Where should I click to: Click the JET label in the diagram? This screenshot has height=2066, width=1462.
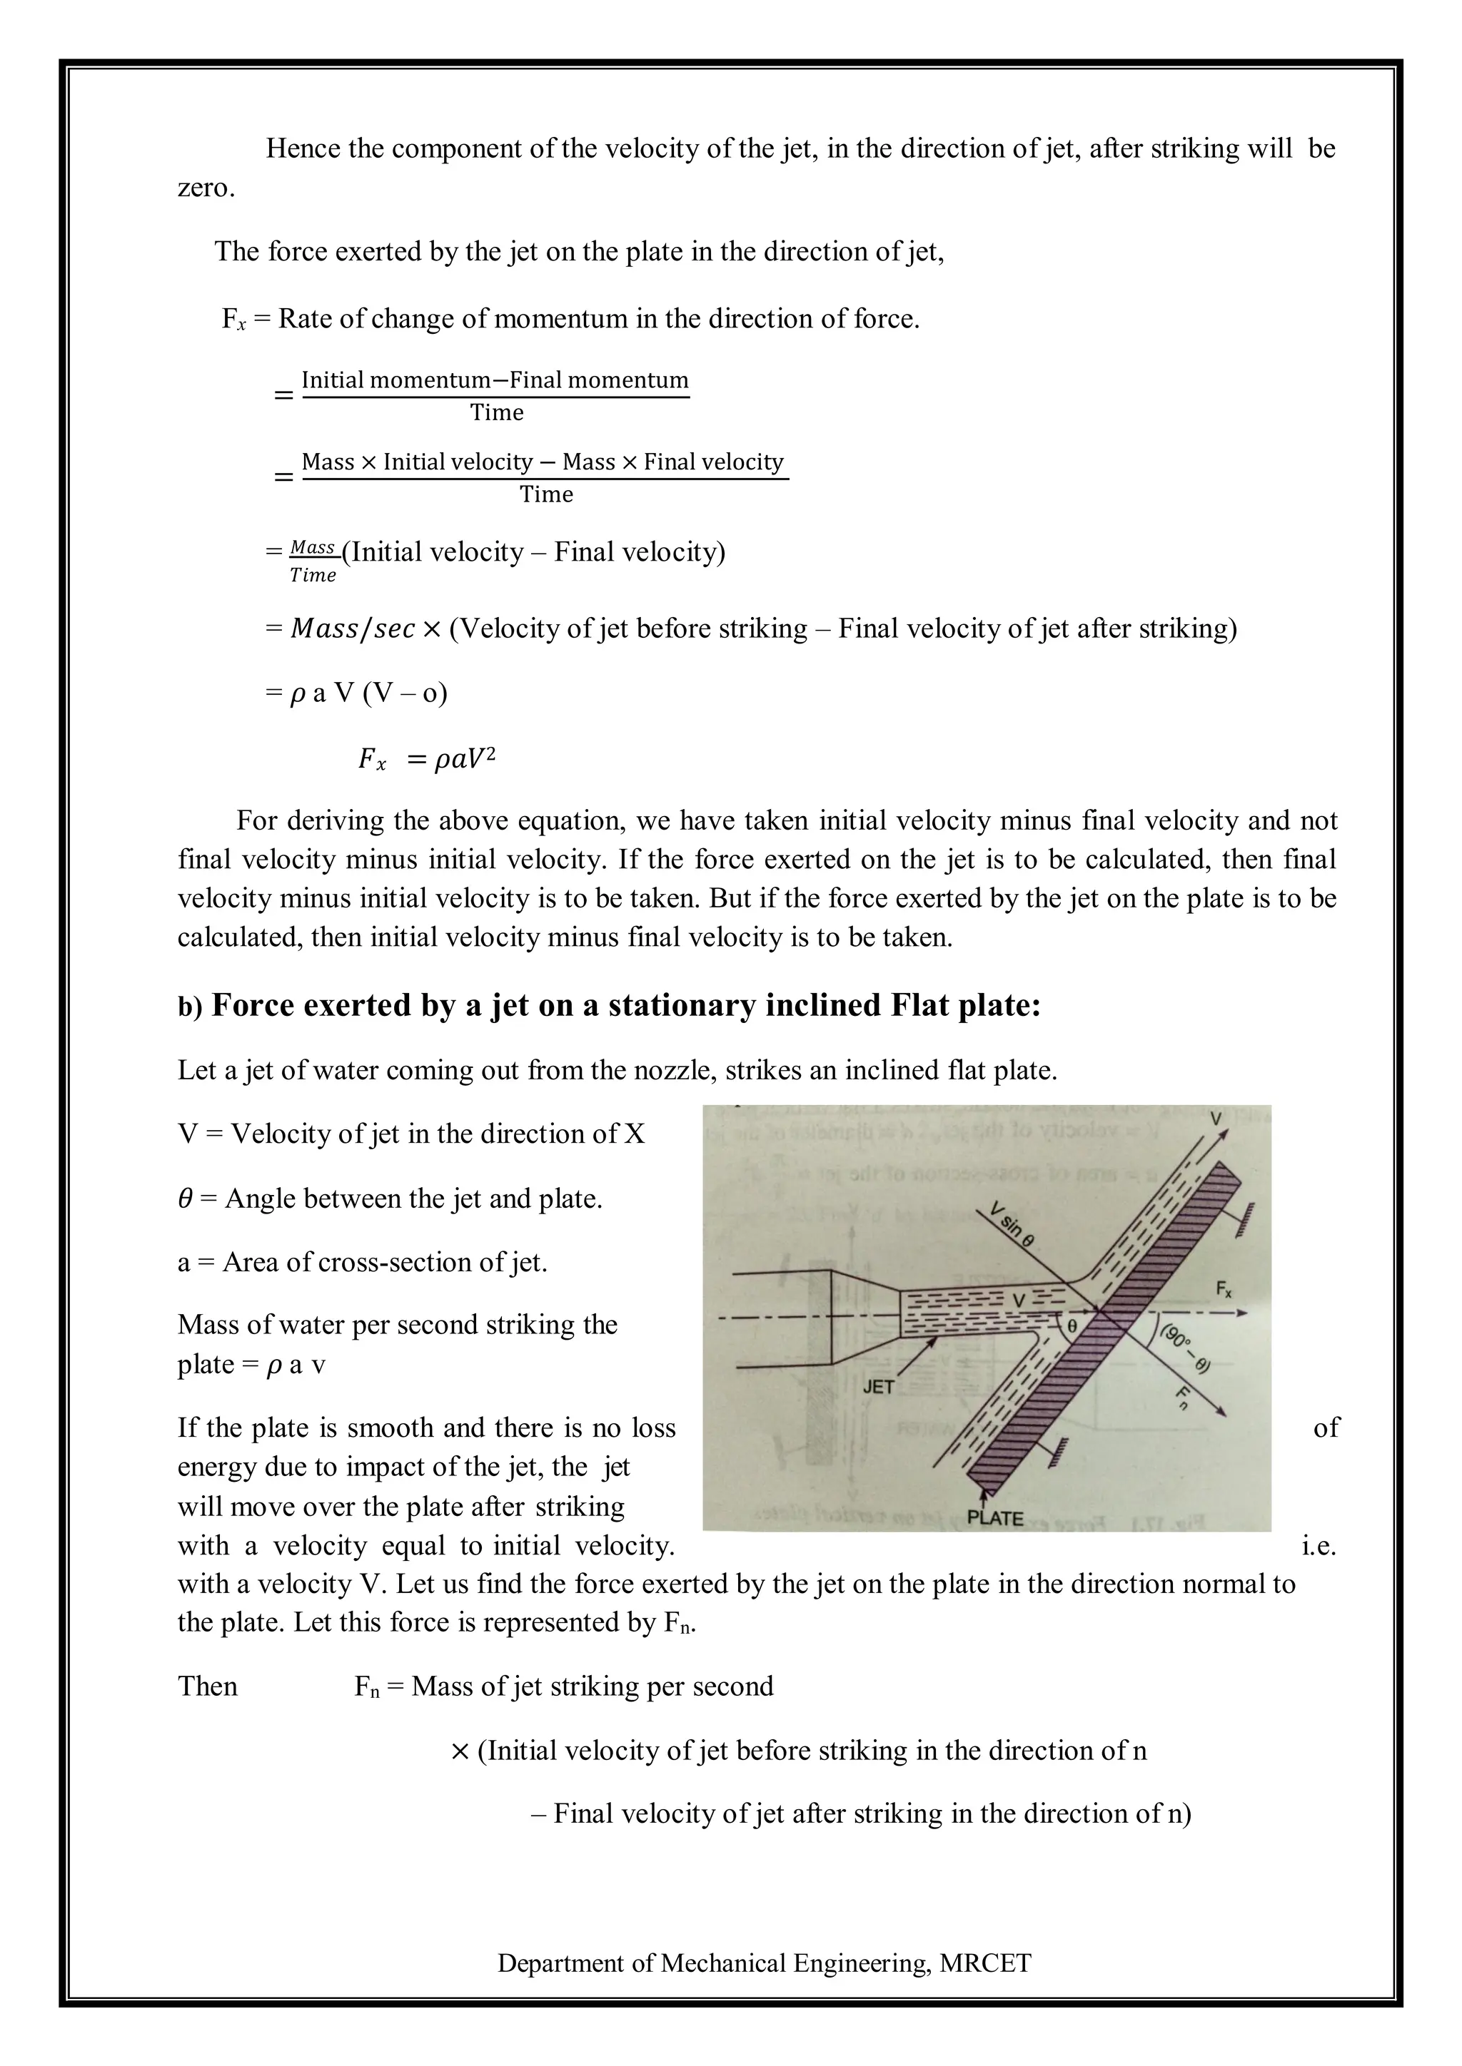pos(878,1387)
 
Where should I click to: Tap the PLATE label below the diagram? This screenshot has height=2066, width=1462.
pos(994,1518)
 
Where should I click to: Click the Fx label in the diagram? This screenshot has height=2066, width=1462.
pos(1224,1289)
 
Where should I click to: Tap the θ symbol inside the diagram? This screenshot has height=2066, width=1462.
pos(1072,1325)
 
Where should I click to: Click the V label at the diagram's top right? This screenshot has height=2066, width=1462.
pos(1215,1120)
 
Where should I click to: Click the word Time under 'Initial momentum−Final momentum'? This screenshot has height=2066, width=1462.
pos(496,413)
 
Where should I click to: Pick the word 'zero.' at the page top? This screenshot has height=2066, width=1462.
pos(206,188)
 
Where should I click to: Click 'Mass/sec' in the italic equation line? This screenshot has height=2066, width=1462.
pos(352,629)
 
